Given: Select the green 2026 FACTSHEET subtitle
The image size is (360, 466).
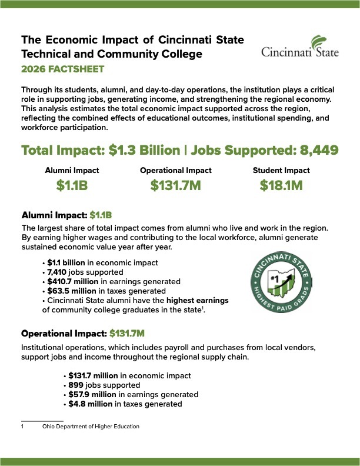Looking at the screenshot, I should coord(63,69).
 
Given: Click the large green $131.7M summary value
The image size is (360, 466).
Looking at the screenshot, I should coord(175,187).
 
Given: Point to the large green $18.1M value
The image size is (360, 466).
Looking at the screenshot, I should coord(281,187).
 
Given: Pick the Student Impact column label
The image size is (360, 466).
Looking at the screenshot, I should coord(281,171).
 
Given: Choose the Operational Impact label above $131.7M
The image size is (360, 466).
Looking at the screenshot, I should coord(175,171).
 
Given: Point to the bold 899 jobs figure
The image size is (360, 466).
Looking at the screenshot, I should coord(75,385).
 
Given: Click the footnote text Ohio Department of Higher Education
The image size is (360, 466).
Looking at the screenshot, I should coord(91,426).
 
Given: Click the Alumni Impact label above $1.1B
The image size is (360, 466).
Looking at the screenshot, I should coord(72,171).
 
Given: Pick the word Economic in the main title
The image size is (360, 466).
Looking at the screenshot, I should coord(76,40).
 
